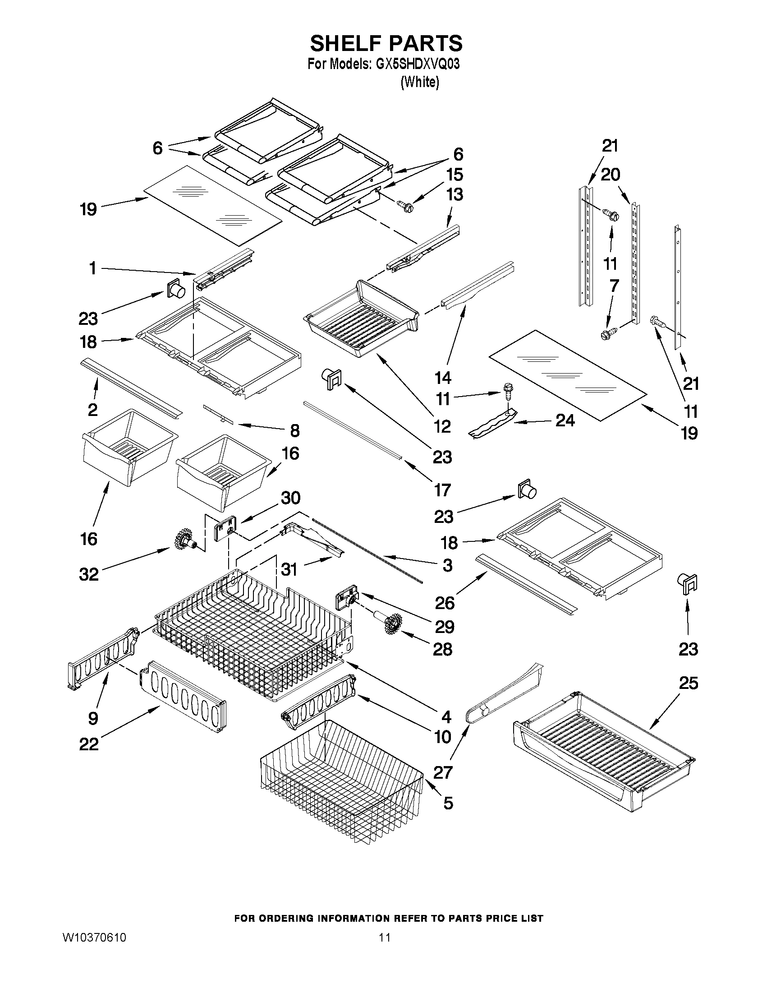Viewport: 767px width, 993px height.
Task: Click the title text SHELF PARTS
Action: point(386,44)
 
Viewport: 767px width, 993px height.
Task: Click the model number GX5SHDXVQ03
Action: point(418,64)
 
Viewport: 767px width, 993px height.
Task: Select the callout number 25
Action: point(688,683)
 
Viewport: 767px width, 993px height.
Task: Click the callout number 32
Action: point(89,574)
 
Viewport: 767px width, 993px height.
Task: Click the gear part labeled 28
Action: point(391,624)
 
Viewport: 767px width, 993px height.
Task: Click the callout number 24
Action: point(565,420)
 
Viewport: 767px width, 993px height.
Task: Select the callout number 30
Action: point(290,498)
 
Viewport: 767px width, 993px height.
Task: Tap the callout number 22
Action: point(89,744)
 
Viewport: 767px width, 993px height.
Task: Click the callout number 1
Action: point(92,268)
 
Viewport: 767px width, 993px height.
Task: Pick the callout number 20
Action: point(610,174)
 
